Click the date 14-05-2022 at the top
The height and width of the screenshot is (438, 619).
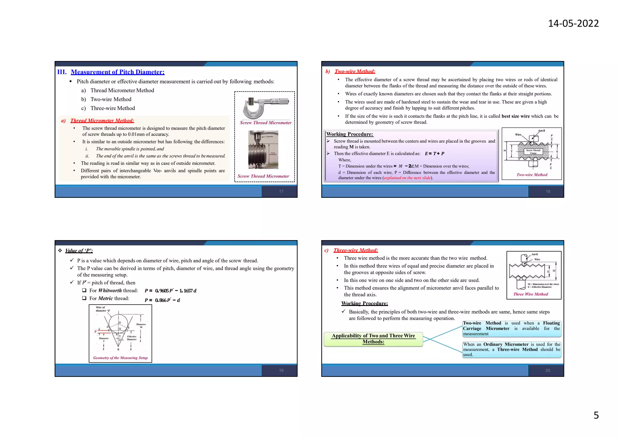point(573,23)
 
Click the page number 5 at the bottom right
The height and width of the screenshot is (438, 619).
point(596,415)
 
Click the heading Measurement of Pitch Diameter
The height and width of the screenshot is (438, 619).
point(118,72)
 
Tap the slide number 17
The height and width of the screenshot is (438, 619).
point(281,191)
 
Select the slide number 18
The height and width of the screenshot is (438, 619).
point(548,191)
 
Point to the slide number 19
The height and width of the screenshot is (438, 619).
point(281,370)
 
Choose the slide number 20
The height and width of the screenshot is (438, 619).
point(548,370)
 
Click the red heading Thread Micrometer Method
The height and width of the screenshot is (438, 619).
point(102,120)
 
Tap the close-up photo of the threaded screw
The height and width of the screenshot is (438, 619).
point(263,150)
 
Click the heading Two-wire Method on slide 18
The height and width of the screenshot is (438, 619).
point(355,71)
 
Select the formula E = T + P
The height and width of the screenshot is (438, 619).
point(434,154)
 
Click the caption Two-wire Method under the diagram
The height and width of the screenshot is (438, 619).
point(532,175)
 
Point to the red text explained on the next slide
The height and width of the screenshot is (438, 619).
point(407,178)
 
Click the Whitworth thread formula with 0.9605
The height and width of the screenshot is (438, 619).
point(170,291)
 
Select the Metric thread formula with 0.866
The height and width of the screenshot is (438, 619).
point(162,300)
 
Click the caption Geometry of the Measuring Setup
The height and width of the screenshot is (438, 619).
point(120,358)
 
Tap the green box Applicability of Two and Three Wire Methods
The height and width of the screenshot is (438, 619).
point(373,339)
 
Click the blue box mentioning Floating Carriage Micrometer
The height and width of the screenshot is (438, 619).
point(511,328)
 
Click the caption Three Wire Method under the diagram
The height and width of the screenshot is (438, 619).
point(530,294)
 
